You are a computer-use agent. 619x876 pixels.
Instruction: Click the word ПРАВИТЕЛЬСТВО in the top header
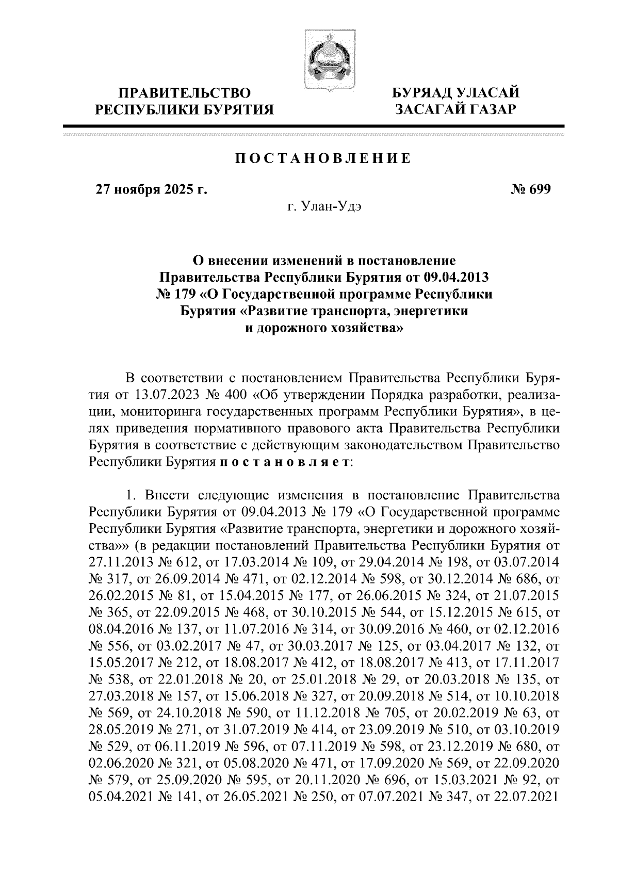185,93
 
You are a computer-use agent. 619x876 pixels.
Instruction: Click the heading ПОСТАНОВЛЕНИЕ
323,158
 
